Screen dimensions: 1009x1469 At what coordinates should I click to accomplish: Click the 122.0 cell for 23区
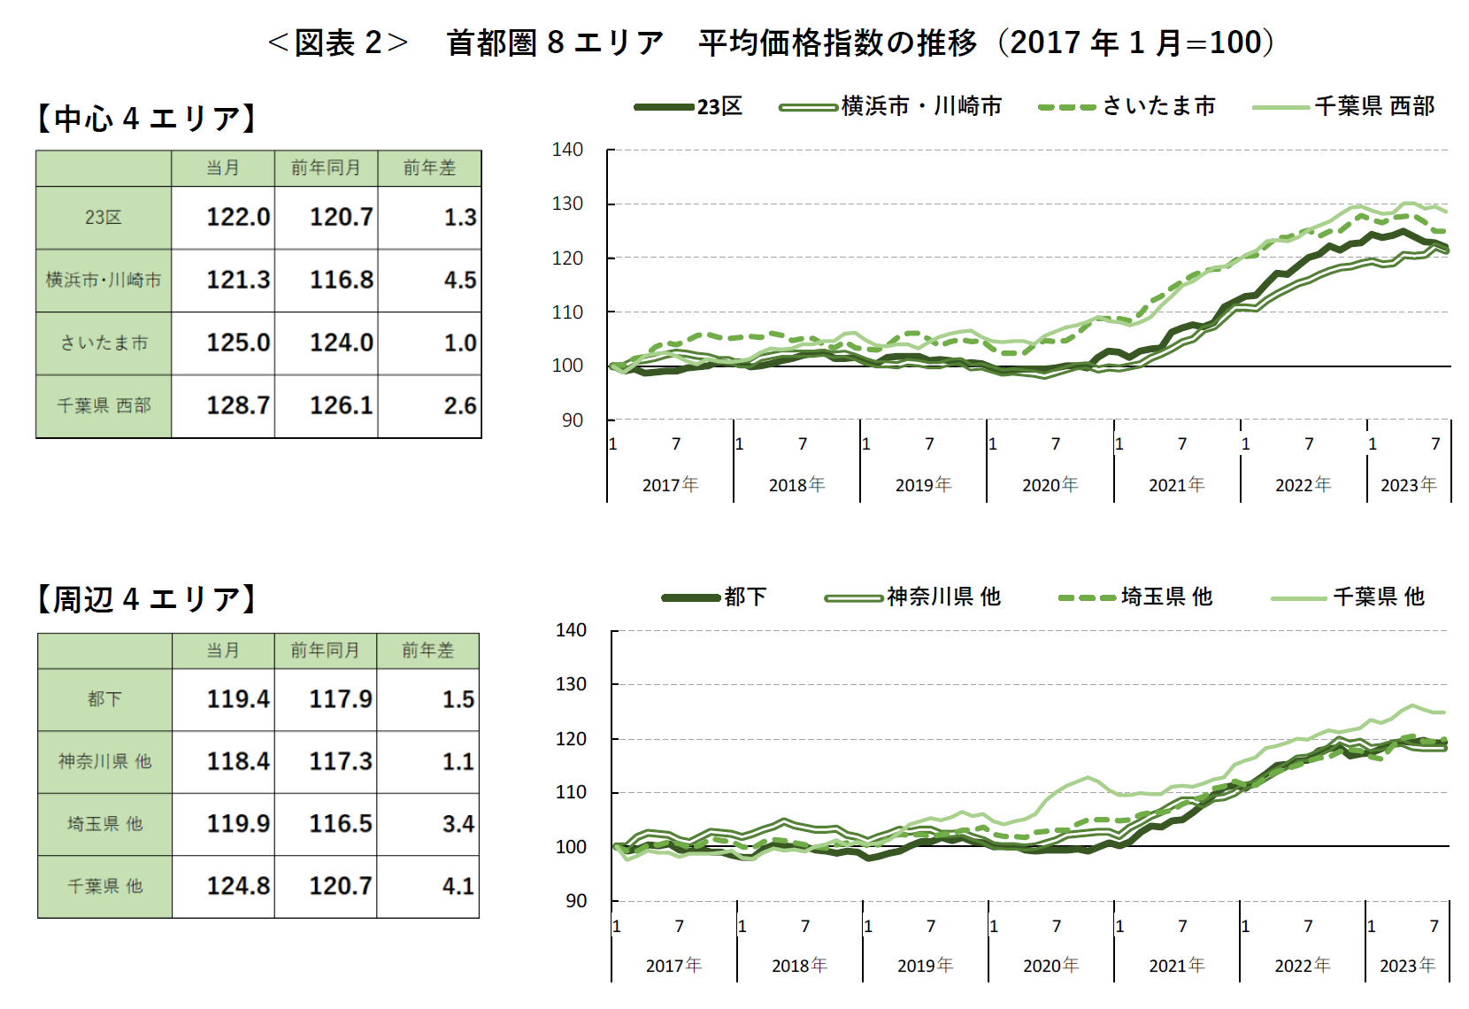coord(237,217)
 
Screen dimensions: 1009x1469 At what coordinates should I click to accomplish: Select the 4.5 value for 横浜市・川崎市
coord(459,280)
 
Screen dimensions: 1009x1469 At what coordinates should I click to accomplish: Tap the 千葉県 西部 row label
coord(104,405)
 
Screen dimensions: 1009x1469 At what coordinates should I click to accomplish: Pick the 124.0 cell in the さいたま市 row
coord(341,343)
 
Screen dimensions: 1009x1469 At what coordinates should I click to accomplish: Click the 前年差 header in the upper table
coord(429,167)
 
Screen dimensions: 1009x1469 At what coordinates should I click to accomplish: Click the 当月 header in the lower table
coord(223,651)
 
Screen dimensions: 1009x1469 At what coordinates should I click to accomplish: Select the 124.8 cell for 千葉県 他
coord(237,886)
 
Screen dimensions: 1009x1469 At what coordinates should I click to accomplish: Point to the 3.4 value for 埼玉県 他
coord(458,824)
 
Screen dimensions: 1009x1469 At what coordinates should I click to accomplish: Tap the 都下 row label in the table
coord(104,699)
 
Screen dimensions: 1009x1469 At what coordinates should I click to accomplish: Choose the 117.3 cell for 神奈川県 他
coord(340,761)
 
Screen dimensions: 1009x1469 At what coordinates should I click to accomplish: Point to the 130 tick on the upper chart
coord(567,204)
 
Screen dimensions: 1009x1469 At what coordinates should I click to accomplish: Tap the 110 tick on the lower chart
coord(571,792)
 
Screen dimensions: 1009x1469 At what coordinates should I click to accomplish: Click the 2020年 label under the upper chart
coord(1050,485)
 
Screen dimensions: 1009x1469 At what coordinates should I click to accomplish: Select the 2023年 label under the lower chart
coord(1407,966)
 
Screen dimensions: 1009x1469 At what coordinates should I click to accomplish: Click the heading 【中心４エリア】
coord(146,118)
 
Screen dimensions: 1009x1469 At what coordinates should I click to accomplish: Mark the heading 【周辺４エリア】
coord(146,599)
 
